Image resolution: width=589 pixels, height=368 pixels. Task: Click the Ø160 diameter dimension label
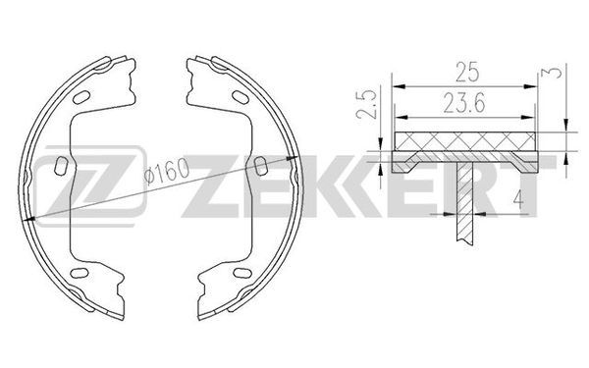coord(167,171)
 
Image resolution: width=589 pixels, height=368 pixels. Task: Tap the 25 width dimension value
coord(467,72)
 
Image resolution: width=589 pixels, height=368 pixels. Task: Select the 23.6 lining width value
coord(464,103)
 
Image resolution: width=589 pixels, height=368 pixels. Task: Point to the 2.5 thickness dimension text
coord(366,105)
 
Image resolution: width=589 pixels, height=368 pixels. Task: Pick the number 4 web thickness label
coord(518,199)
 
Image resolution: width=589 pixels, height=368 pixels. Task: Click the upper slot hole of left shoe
coord(81,97)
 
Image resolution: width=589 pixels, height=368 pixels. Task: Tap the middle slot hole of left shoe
coord(61,166)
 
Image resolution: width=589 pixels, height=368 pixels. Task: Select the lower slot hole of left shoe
coord(80,273)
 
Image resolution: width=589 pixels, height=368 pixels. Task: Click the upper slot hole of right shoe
coord(241,97)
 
